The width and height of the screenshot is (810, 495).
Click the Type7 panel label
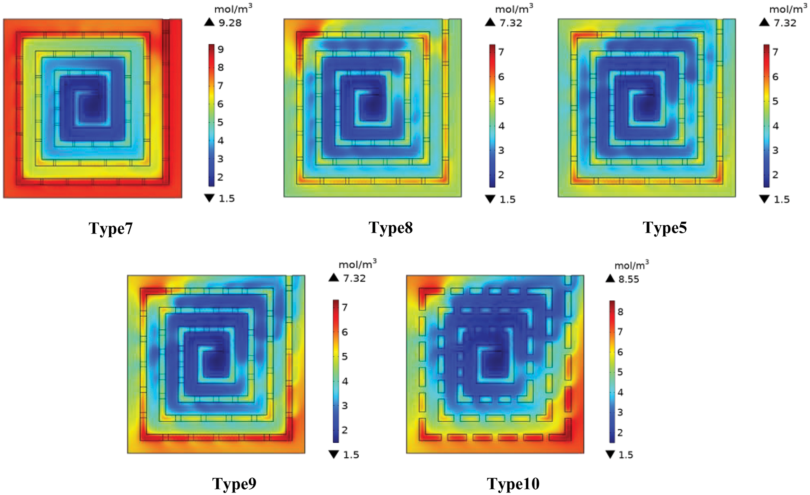111,228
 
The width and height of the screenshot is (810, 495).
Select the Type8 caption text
391,228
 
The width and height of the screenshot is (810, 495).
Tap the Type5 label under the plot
665,228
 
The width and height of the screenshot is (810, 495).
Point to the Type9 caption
234,483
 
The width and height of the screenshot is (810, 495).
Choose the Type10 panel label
513,484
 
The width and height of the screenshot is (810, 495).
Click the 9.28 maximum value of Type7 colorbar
230,23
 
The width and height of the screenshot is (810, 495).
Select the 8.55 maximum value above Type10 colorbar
629,279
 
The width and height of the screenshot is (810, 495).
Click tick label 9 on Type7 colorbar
221,49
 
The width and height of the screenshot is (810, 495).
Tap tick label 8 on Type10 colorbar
620,312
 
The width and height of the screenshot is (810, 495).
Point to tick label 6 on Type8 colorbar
501,77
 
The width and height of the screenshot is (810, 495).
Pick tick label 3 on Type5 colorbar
775,150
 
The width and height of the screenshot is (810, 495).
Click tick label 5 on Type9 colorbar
345,357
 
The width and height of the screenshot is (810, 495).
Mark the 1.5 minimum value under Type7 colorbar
227,198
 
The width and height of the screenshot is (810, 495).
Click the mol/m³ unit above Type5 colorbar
788,9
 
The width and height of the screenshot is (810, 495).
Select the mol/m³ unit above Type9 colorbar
357,264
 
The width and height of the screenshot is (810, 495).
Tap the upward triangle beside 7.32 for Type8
490,22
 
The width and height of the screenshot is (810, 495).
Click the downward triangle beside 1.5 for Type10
610,454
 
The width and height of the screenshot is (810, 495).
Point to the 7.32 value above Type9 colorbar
354,278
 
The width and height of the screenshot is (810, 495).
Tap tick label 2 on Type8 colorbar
501,175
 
